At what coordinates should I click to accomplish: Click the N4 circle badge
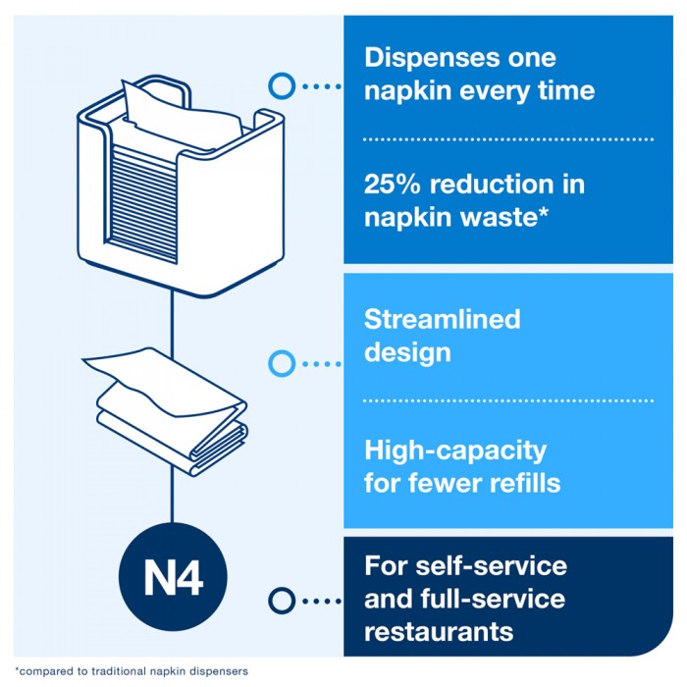(173, 577)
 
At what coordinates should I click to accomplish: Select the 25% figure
(393, 185)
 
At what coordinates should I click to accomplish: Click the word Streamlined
(442, 319)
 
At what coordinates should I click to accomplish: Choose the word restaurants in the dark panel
(439, 632)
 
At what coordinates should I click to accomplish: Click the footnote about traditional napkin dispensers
(132, 671)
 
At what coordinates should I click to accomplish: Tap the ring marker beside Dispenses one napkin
(282, 86)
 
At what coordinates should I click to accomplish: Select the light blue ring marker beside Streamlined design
(282, 363)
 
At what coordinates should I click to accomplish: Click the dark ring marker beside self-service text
(282, 601)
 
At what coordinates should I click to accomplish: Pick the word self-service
(491, 565)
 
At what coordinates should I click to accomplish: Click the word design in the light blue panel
(407, 352)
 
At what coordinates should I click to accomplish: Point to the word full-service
(493, 599)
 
